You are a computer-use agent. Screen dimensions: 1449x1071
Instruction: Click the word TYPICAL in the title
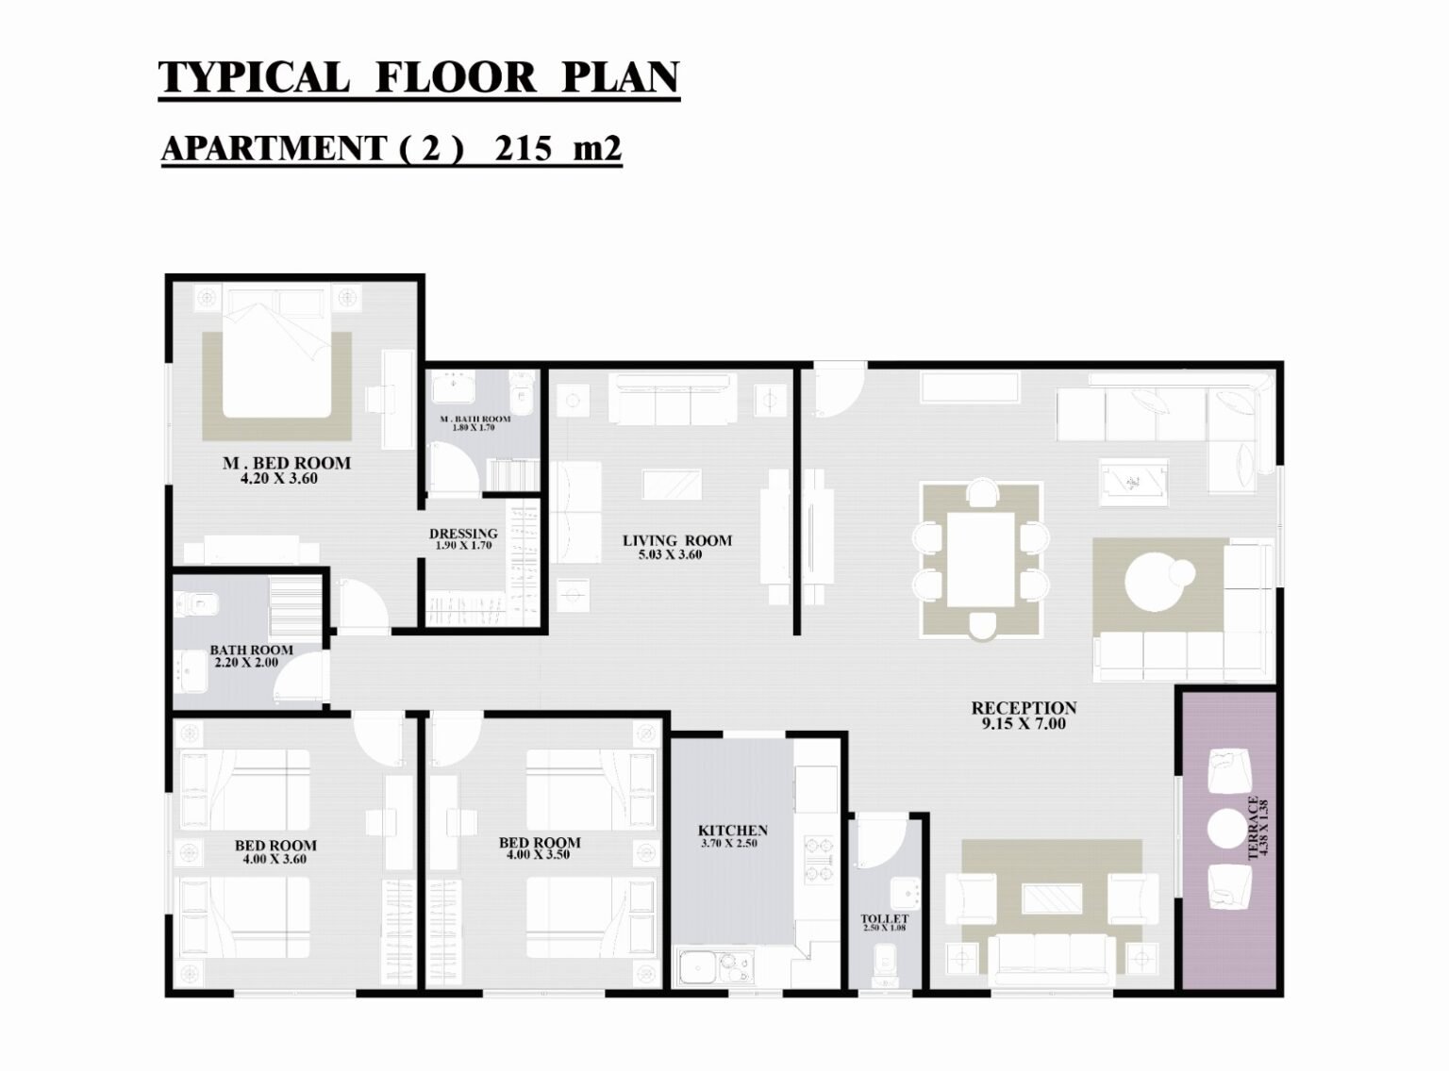pos(254,77)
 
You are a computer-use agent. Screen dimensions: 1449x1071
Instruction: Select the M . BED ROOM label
pos(287,463)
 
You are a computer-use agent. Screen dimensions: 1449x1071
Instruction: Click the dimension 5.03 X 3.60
pos(671,555)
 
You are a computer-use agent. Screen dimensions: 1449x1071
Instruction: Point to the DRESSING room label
pos(463,534)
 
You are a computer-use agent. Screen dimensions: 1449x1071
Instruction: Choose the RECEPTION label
pos(1024,708)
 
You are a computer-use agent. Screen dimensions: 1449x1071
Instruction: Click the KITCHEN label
pos(732,830)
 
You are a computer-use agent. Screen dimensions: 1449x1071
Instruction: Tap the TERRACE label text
pos(1253,828)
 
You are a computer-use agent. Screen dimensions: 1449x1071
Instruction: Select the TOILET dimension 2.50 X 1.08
pos(884,928)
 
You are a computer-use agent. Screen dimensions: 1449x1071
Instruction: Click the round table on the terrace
pos(1227,829)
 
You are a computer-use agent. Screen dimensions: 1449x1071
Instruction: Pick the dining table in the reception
pos(980,560)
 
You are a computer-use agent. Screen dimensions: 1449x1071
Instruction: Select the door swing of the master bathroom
pos(456,465)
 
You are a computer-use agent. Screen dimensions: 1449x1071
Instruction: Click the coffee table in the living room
pos(673,484)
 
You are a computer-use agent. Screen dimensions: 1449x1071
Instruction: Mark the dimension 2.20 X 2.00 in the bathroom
pos(246,663)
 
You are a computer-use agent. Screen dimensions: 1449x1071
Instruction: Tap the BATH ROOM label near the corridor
pos(252,650)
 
